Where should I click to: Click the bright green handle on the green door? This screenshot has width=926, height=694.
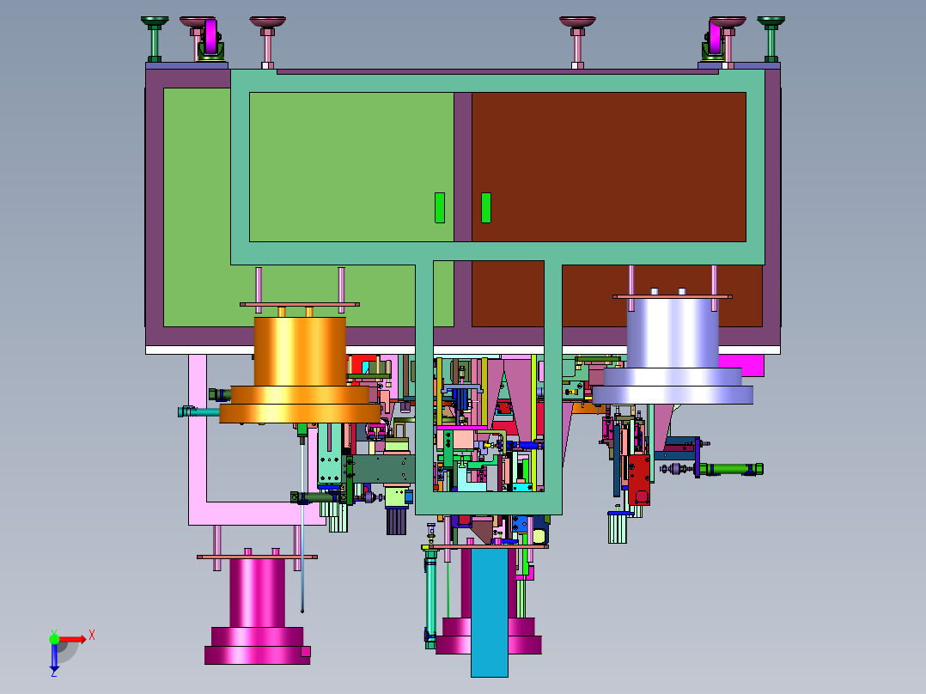click(x=440, y=208)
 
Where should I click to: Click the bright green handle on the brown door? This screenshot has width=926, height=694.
click(x=486, y=208)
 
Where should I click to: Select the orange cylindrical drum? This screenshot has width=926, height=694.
click(x=300, y=370)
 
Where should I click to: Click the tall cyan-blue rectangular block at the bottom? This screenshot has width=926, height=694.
click(x=489, y=612)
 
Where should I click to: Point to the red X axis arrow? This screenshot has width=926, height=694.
click(x=72, y=639)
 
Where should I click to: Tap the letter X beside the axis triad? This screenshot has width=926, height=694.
click(x=92, y=636)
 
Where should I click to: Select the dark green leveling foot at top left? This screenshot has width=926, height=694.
click(x=155, y=39)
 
